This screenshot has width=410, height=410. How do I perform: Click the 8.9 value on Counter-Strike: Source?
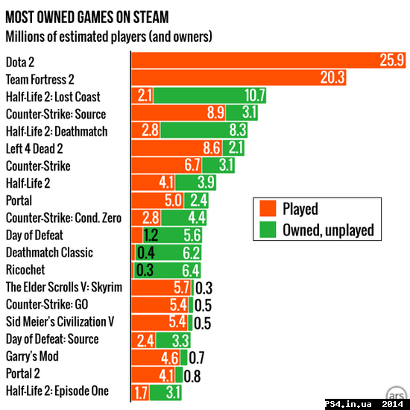pos(215,113)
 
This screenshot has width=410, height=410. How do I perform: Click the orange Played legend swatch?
pos(267,209)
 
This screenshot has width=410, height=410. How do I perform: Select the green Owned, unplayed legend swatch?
pos(267,229)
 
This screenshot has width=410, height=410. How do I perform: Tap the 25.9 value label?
pos(391,61)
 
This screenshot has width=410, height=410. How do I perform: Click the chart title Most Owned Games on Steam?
pos(86,17)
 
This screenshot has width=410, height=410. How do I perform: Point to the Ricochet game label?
pos(25,269)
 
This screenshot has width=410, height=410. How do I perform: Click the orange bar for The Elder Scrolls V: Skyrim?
pos(162,287)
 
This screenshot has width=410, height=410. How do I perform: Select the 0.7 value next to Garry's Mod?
pos(197,356)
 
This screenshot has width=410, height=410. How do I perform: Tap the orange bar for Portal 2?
pos(155,373)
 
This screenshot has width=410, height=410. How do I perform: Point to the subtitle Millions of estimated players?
pos(108,35)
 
